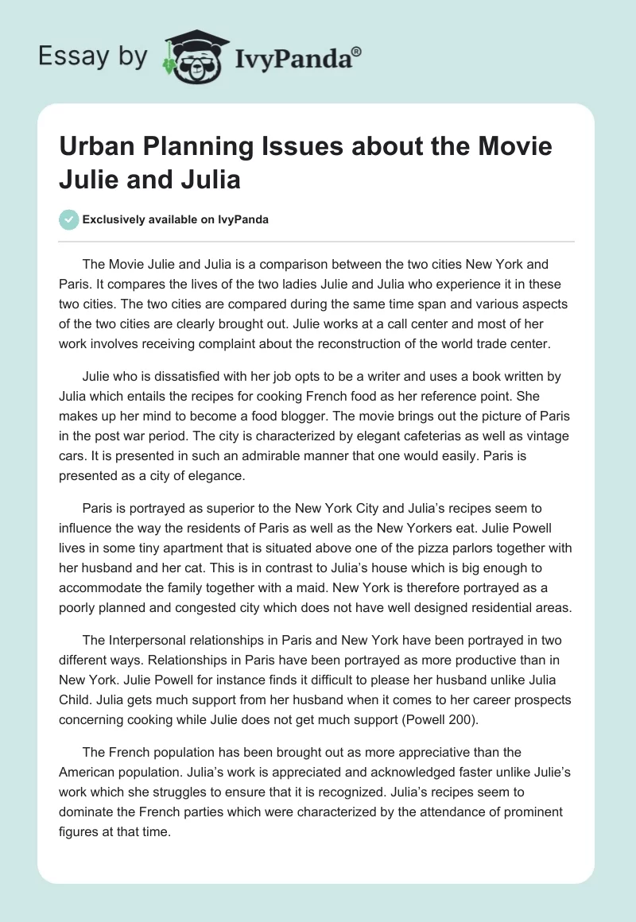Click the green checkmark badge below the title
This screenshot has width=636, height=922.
click(69, 219)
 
